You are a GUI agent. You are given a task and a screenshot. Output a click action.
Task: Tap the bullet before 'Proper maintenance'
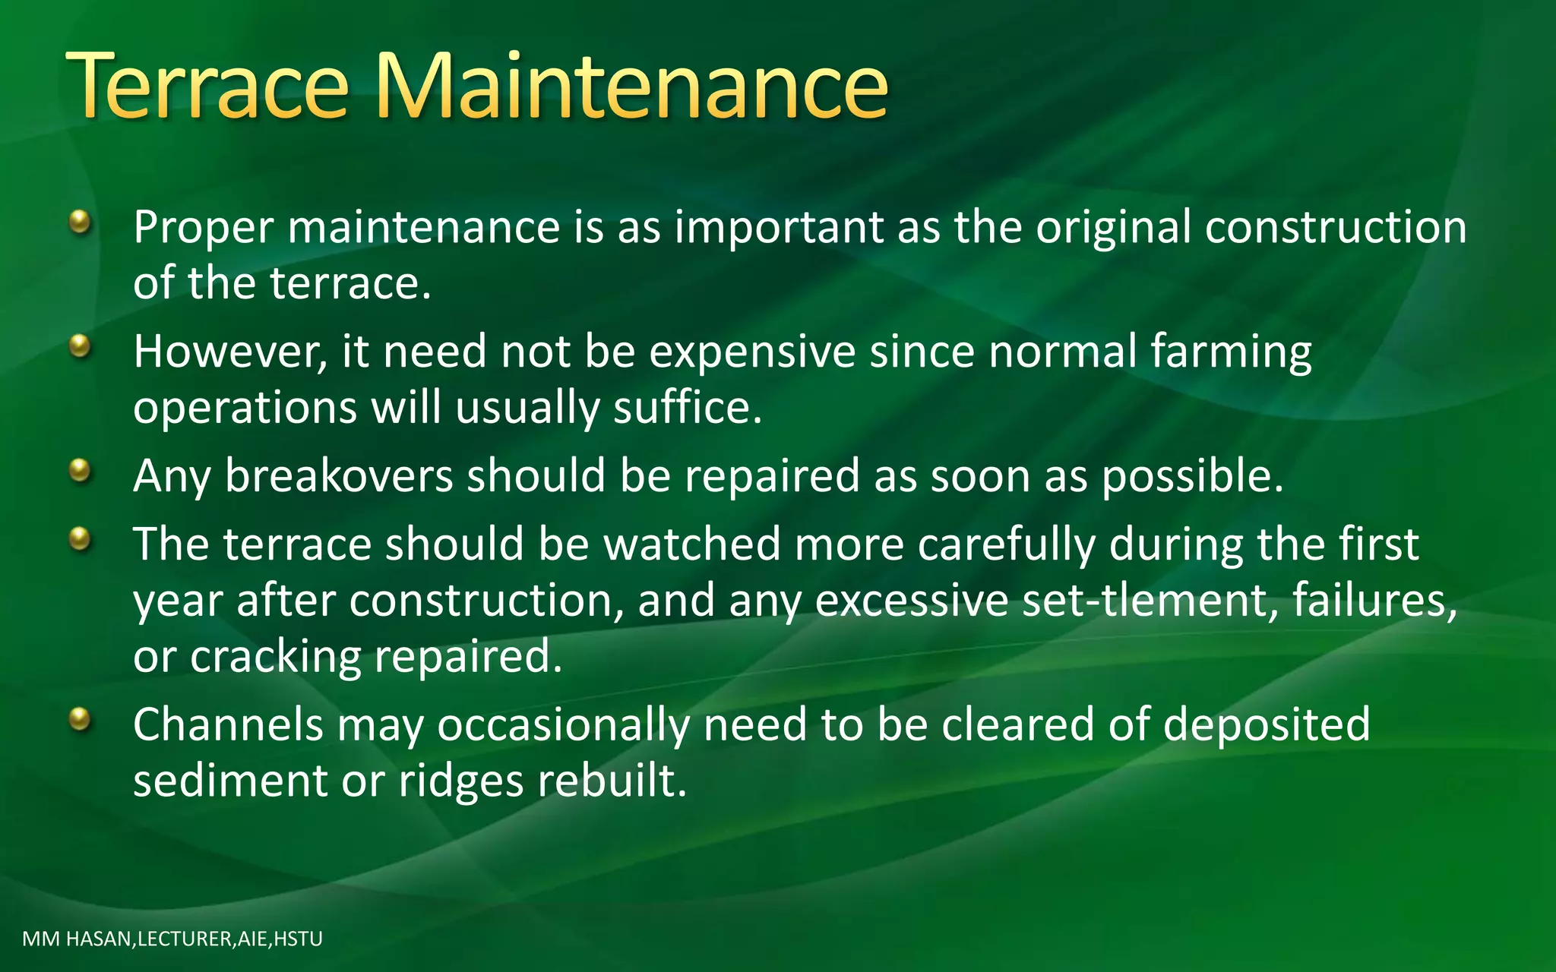[79, 222]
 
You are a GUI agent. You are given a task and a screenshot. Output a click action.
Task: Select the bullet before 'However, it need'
[79, 347]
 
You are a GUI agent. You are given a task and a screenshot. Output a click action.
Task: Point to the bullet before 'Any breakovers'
[79, 472]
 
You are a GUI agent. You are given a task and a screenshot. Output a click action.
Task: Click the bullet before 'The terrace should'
[79, 540]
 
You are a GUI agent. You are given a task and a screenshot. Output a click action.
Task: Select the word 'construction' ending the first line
[1336, 228]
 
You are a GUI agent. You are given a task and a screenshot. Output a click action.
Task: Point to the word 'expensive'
[752, 354]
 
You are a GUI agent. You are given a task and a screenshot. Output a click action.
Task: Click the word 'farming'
[1231, 354]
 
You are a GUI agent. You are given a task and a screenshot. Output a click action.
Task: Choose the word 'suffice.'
[688, 409]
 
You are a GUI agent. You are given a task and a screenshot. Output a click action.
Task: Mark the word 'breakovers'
[339, 477]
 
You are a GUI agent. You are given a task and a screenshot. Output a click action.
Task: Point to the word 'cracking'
[276, 658]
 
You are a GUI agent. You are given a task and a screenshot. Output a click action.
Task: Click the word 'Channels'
[228, 725]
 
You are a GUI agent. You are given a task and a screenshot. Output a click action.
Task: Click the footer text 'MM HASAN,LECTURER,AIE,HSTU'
[172, 939]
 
